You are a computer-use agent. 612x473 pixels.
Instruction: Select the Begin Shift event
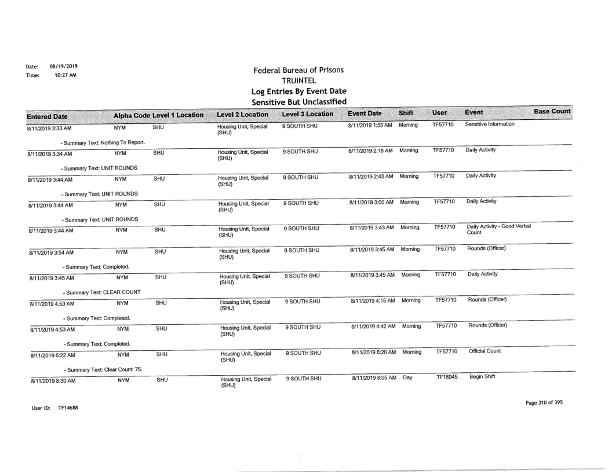click(479, 376)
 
